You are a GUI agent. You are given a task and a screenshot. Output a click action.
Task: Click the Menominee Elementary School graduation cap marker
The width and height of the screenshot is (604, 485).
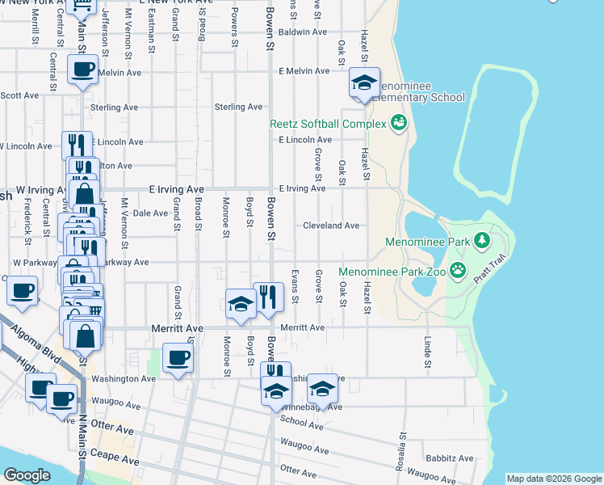point(364,83)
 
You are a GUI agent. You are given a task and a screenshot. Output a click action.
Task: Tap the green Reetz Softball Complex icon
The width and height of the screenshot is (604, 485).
point(397,123)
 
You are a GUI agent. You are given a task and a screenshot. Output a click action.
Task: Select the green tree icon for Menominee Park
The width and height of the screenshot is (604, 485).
point(482,240)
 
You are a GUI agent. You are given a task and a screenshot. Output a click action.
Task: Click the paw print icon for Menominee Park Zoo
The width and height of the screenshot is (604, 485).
point(459,271)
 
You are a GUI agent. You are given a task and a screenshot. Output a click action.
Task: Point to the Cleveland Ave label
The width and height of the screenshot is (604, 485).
point(331,226)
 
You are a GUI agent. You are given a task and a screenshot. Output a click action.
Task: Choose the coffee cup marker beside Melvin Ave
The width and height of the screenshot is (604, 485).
point(82,70)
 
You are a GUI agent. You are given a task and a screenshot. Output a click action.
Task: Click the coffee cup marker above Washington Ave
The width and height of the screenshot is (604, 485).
point(178,357)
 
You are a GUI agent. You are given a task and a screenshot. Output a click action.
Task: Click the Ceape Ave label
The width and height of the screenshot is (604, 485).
point(120,462)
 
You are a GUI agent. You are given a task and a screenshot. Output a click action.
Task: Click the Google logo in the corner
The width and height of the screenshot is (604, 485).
point(27,475)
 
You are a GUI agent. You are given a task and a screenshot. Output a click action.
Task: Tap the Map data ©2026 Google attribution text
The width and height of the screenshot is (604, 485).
point(554,479)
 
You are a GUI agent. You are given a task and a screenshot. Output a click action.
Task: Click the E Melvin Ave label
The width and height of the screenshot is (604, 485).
point(304,71)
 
